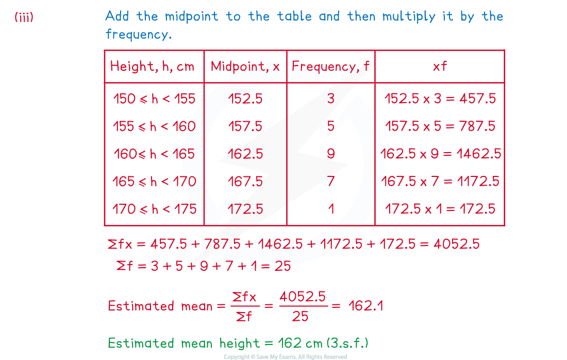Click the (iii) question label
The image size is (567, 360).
click(x=24, y=17)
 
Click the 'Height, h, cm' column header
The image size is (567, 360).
click(x=152, y=67)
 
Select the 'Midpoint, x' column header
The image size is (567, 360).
click(x=245, y=66)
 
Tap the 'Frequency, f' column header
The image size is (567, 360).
click(x=330, y=66)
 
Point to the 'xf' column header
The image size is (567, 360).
click(x=440, y=66)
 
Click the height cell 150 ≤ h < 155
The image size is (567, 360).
click(x=154, y=99)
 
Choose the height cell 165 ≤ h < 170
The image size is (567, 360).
click(x=154, y=181)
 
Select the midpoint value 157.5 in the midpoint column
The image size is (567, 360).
click(x=245, y=126)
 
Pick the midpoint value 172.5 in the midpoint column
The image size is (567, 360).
click(x=245, y=209)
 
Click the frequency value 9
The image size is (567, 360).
click(x=331, y=154)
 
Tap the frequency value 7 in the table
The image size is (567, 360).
click(x=331, y=181)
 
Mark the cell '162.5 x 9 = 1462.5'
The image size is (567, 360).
click(x=440, y=154)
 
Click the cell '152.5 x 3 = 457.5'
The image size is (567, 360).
click(x=440, y=99)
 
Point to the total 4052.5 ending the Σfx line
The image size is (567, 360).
click(x=457, y=244)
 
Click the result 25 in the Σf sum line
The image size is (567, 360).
click(x=282, y=266)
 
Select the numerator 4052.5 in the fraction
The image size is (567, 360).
click(x=303, y=297)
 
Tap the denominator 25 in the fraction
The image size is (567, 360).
click(x=300, y=317)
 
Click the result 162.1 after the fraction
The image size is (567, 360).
click(x=366, y=306)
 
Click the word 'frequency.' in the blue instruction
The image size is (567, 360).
click(x=139, y=34)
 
